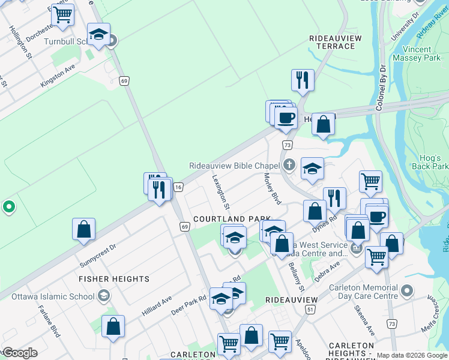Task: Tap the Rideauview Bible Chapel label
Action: point(235,166)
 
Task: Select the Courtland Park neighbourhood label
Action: point(231,220)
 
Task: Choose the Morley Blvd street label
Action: point(273,188)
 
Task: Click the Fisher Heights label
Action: point(114,279)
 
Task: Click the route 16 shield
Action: point(178,187)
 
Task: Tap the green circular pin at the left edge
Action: point(8,208)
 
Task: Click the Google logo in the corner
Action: point(19,353)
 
